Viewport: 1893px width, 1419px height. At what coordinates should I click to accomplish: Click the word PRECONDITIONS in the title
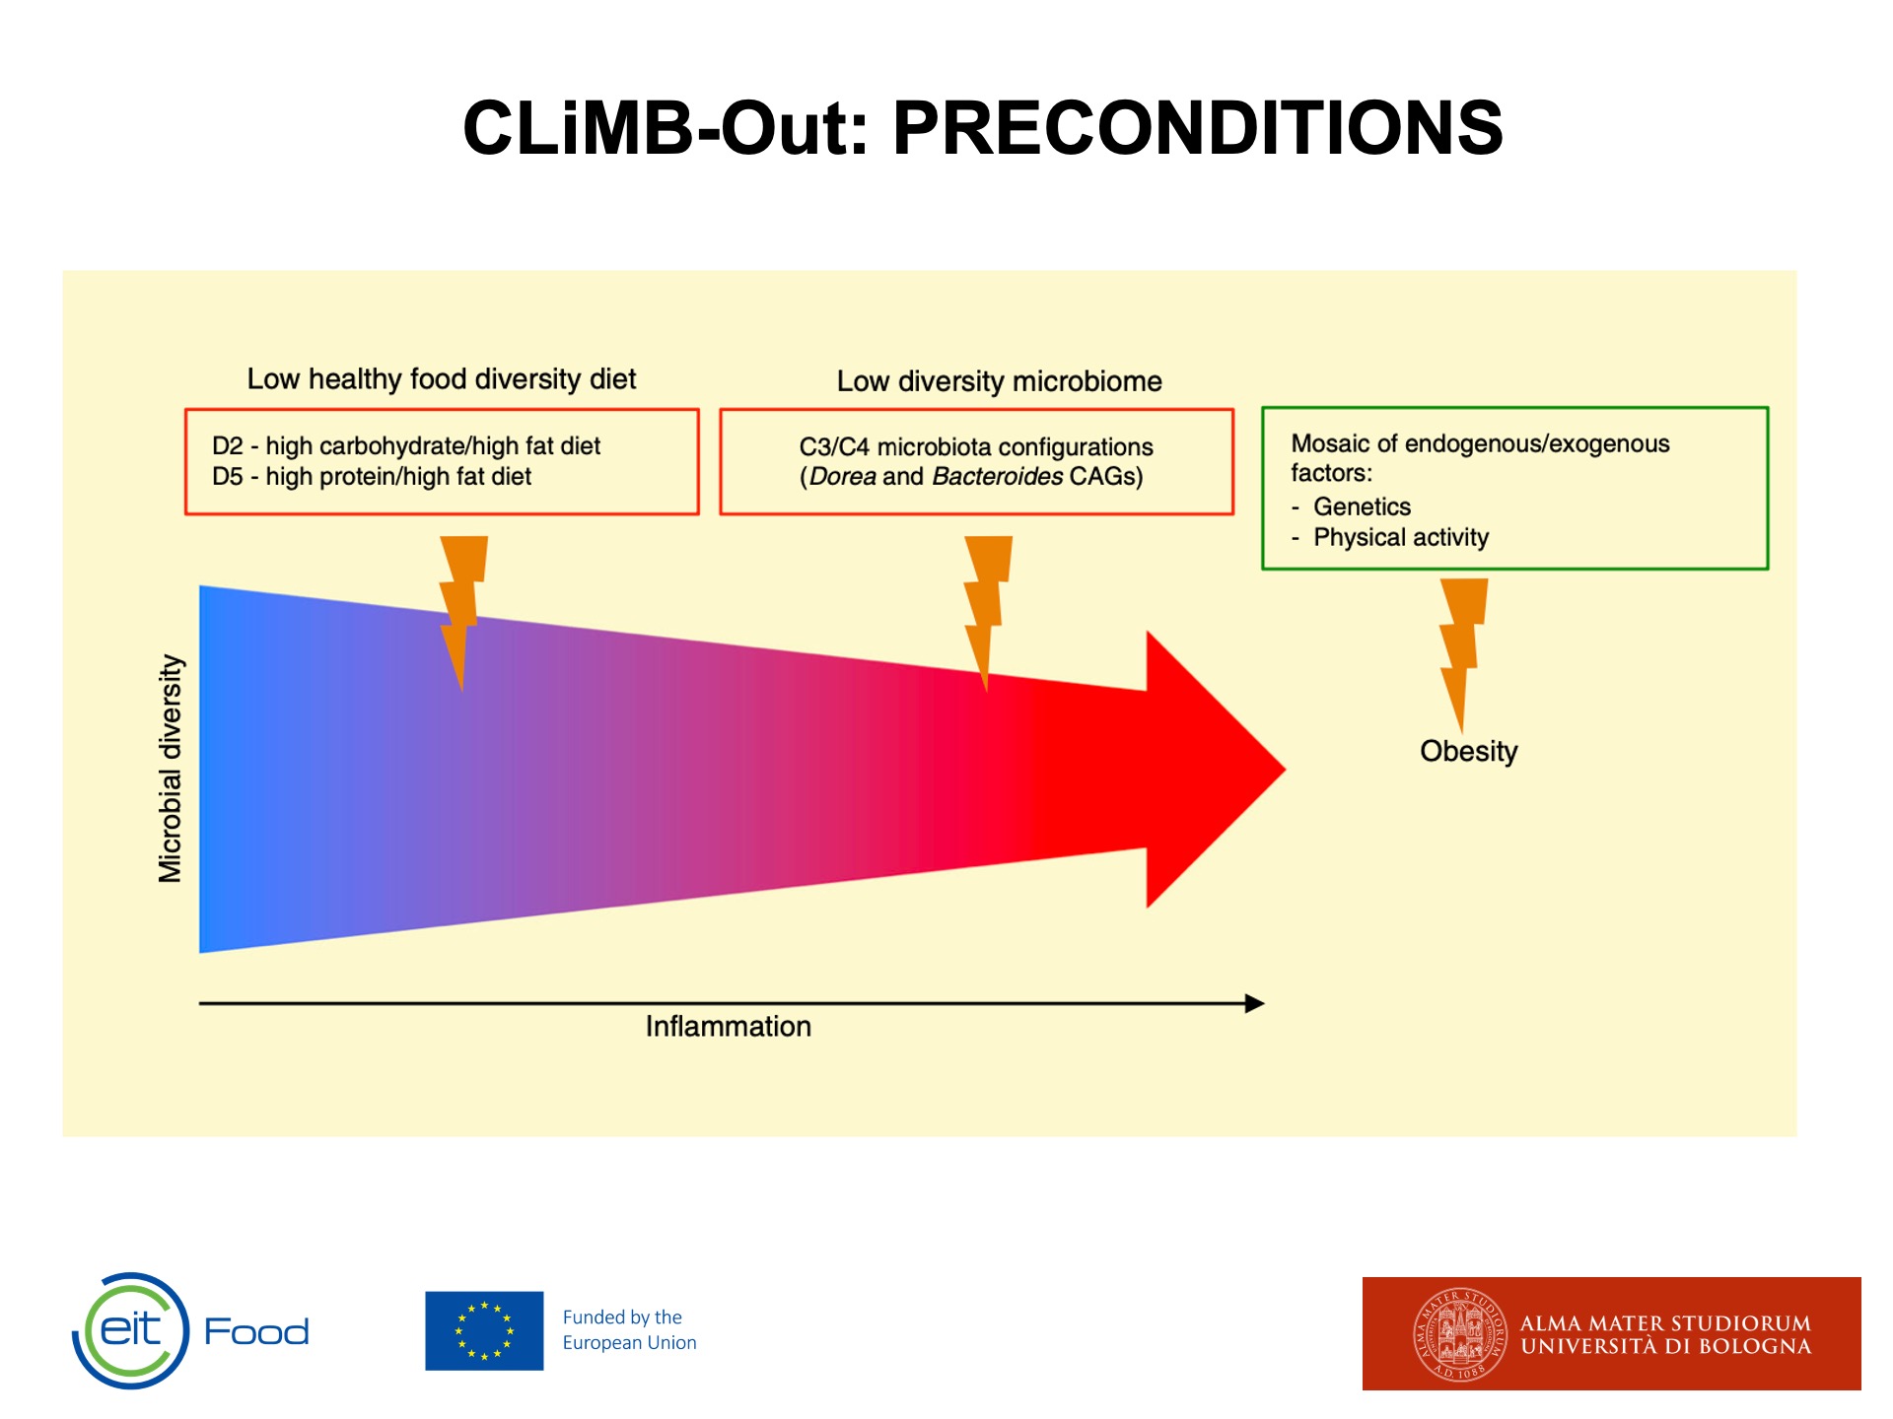[1197, 128]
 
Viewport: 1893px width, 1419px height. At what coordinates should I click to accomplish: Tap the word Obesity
[1468, 751]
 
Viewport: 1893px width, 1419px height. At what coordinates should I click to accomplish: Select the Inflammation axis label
[729, 1026]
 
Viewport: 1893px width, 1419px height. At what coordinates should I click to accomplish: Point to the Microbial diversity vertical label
[171, 769]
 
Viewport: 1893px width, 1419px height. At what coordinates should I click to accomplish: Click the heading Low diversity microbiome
[999, 381]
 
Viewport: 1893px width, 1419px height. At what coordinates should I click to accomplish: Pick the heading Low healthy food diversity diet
[442, 379]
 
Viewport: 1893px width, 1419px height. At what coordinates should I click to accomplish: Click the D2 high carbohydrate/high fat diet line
[406, 446]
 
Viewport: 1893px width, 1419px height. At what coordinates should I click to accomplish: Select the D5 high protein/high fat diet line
[372, 477]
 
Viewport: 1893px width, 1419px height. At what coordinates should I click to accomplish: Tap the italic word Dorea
[842, 477]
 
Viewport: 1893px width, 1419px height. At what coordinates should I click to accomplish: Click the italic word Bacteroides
[997, 477]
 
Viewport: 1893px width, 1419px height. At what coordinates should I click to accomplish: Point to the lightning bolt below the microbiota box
[987, 612]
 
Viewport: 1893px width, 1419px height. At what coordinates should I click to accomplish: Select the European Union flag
[484, 1330]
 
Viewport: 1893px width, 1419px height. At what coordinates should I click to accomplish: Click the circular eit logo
[130, 1330]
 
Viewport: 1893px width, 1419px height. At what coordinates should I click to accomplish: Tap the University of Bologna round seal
[1459, 1335]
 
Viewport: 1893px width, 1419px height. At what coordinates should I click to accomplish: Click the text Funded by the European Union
[629, 1330]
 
